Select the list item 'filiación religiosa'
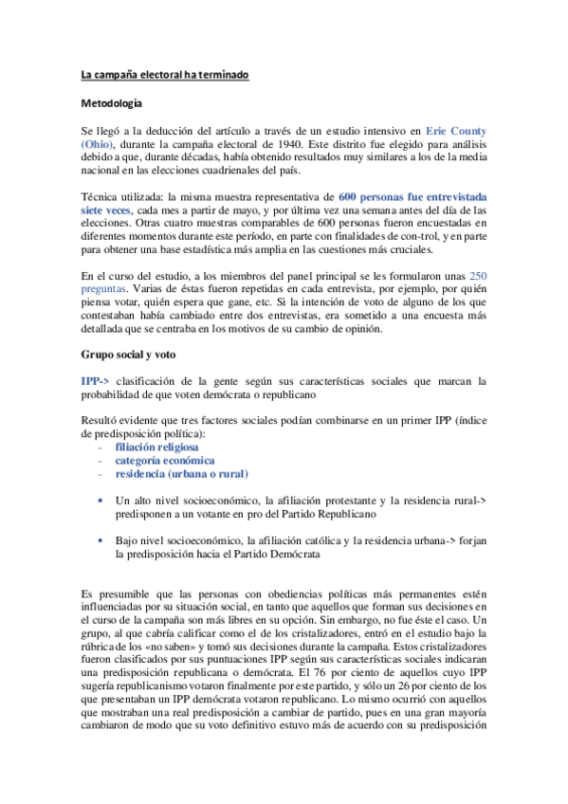[157, 446]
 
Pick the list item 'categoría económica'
[165, 459]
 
